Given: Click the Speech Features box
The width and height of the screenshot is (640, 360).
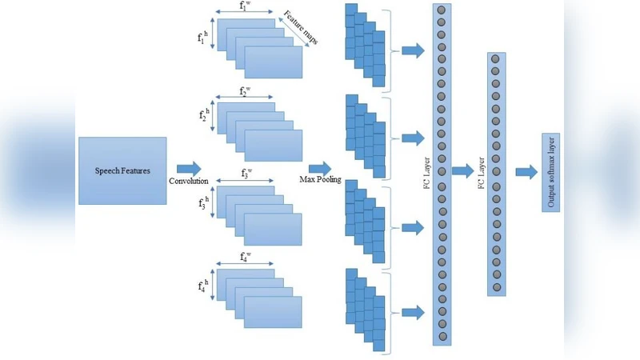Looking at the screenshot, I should click(122, 170).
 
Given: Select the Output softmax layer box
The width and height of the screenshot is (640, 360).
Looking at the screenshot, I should click(550, 173).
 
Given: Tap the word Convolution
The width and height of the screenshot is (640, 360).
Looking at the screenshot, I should click(189, 181).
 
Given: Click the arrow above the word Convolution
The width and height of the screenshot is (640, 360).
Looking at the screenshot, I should click(189, 167).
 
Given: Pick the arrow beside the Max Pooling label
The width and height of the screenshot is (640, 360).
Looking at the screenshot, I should click(319, 167).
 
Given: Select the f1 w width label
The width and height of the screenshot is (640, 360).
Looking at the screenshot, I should click(244, 6).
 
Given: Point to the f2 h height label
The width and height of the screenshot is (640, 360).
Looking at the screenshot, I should click(203, 116).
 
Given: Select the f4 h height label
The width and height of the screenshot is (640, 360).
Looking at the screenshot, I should click(203, 285).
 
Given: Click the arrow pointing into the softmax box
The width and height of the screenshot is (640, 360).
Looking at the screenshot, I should click(526, 172).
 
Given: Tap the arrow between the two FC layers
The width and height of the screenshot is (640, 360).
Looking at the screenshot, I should click(462, 170).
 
